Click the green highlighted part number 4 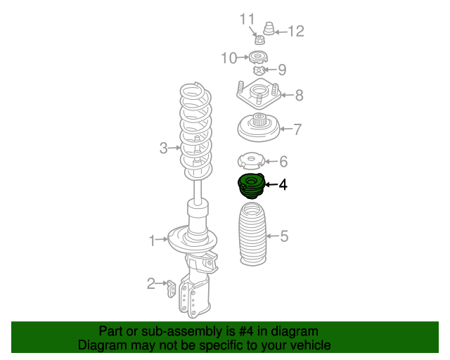pyautogui.click(x=250, y=186)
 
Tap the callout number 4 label pyautogui.click(x=283, y=185)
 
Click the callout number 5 pyautogui.click(x=284, y=236)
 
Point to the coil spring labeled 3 pyautogui.click(x=196, y=130)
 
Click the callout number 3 pyautogui.click(x=163, y=148)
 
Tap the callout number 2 pyautogui.click(x=150, y=283)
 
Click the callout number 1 pyautogui.click(x=153, y=241)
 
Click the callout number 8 pyautogui.click(x=299, y=95)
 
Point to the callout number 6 pyautogui.click(x=283, y=162)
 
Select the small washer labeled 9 pyautogui.click(x=259, y=70)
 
